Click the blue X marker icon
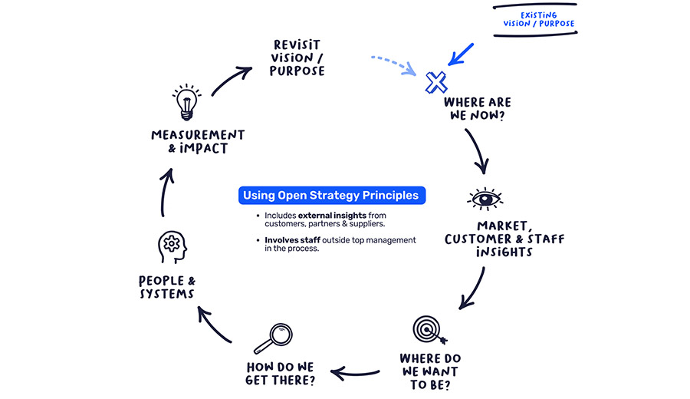436,81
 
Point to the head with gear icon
172,247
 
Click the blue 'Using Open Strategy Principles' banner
330,195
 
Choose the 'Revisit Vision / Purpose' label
297,58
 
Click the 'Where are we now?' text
477,109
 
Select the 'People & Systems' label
166,287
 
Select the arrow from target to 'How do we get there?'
358,374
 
